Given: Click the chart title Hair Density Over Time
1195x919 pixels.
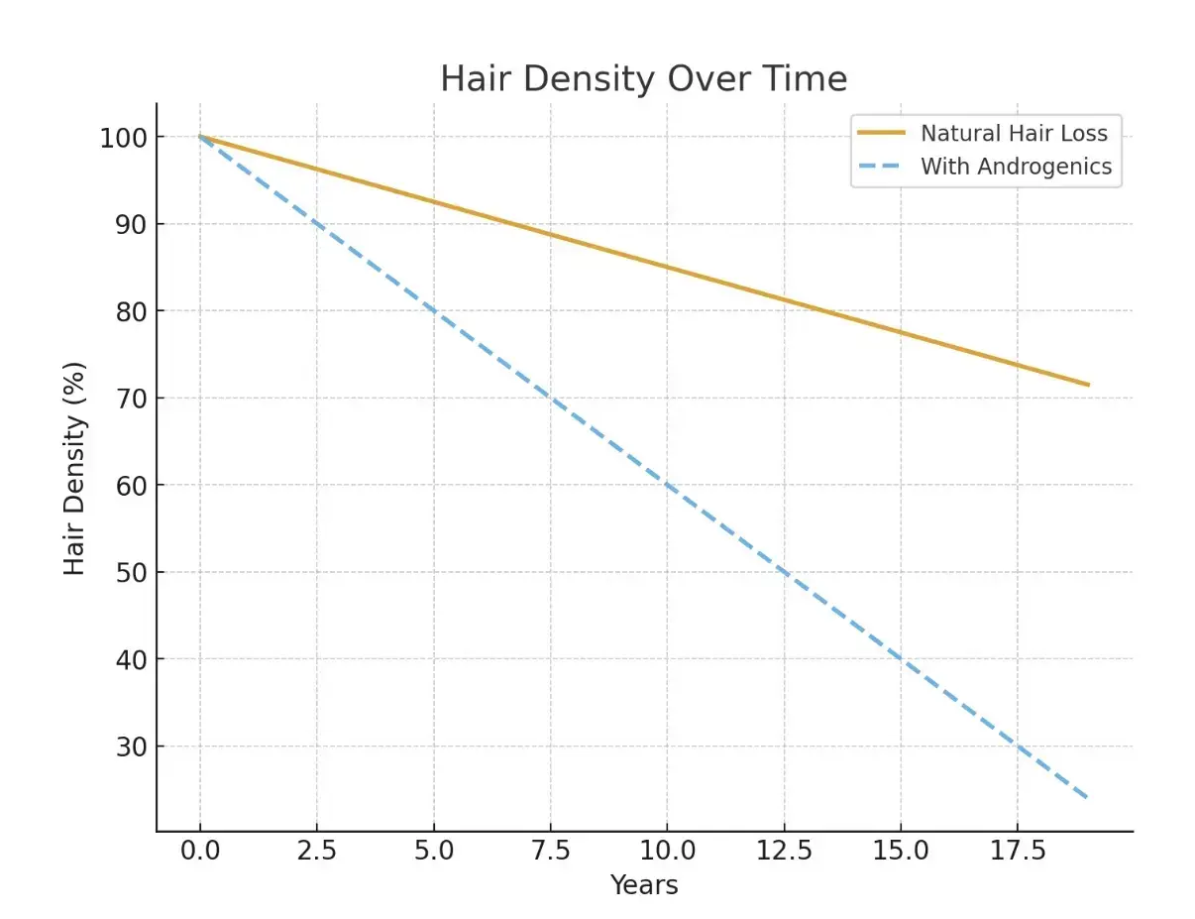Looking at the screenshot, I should [643, 79].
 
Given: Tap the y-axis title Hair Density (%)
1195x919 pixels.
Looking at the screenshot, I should [75, 469].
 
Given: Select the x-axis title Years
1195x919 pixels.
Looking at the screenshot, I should [643, 884].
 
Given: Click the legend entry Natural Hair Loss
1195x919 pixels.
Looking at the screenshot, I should [1014, 133].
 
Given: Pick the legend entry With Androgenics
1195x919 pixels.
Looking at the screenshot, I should [1016, 167].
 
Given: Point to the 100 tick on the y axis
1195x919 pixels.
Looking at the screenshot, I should [123, 137].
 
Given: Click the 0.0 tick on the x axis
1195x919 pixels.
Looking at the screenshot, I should [200, 851].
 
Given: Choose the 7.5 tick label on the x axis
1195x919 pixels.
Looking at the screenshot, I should [550, 851].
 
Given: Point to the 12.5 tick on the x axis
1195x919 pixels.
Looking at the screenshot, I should [784, 851].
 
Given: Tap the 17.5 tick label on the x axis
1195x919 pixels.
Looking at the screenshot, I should [1017, 851].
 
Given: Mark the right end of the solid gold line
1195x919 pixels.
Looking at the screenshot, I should [1088, 385].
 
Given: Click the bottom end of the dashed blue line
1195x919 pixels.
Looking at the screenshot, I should [1088, 798].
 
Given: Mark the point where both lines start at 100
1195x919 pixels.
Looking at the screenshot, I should [200, 136].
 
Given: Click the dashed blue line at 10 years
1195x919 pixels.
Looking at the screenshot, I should [667, 485].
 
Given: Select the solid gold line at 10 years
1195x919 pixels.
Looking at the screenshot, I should [667, 267].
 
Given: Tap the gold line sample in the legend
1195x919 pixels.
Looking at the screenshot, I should [881, 133].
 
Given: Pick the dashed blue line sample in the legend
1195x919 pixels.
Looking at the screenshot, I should [881, 167].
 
